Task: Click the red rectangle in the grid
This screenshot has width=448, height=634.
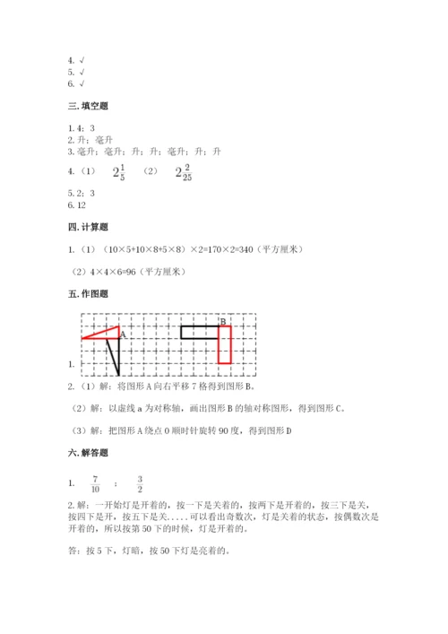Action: [x=224, y=344]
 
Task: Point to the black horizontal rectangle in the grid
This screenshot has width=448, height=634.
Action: [x=199, y=332]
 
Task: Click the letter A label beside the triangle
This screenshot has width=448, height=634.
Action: [x=123, y=334]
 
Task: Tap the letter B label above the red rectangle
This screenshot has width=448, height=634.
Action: [x=222, y=321]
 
